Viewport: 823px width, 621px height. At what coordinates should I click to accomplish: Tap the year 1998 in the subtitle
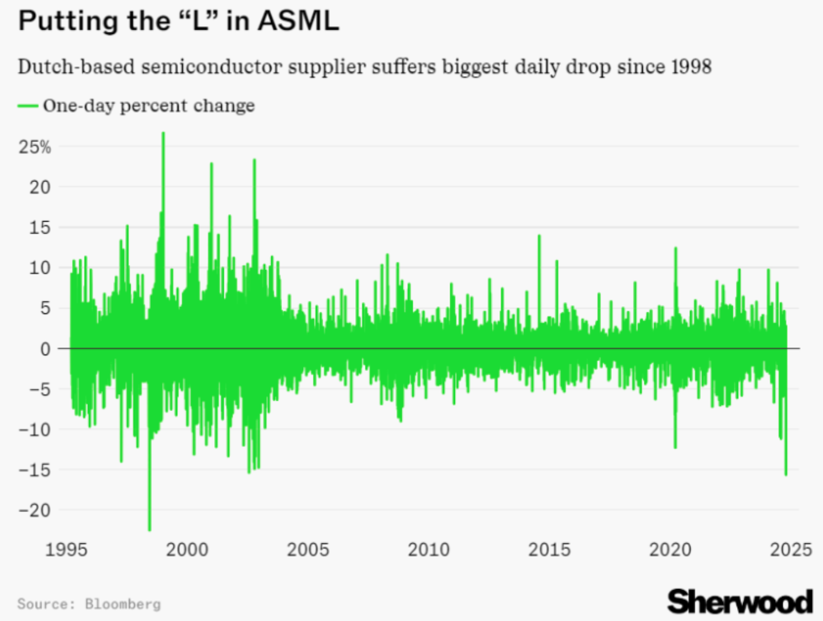tap(689, 66)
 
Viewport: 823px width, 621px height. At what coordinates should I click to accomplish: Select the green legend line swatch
tap(28, 106)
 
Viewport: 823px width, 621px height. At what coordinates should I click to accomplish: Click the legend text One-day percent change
tap(149, 106)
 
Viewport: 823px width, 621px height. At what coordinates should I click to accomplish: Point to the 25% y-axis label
tap(35, 147)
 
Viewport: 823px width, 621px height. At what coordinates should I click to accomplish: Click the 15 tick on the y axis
tap(40, 228)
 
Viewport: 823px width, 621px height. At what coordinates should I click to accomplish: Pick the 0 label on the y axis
tap(45, 349)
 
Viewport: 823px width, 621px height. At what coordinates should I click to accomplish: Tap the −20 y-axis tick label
tap(34, 510)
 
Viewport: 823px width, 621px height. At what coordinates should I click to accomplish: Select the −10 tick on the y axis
tap(34, 430)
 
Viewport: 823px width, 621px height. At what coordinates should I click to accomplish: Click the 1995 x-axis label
tap(66, 550)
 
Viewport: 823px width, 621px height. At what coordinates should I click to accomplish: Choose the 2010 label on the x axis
tap(428, 550)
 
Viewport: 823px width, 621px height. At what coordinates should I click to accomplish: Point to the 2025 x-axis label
tap(790, 550)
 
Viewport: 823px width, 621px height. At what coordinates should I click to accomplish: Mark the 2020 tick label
tap(670, 550)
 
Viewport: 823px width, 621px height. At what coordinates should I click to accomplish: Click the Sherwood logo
tap(739, 602)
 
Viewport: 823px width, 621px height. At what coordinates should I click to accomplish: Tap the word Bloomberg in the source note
tap(123, 604)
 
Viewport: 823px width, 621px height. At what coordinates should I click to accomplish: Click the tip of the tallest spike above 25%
tap(163, 133)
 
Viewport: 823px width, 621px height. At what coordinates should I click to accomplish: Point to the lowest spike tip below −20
tap(149, 530)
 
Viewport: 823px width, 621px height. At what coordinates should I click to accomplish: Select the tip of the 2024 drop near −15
tap(785, 475)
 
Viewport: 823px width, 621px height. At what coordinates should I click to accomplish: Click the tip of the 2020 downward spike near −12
tap(675, 447)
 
